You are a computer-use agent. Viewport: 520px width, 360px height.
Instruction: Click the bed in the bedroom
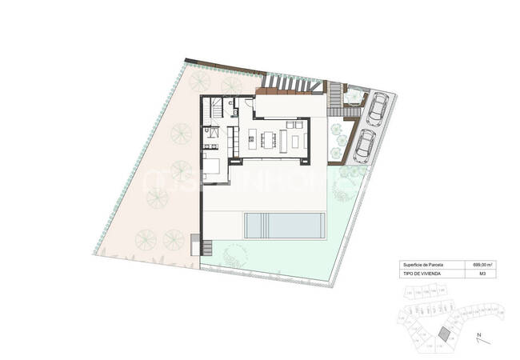point(214,167)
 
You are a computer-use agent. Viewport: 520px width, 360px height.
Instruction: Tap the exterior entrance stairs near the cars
point(333,99)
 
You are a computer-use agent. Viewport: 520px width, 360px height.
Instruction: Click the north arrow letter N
point(478,335)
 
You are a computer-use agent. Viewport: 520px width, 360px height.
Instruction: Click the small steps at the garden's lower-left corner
point(197,242)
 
